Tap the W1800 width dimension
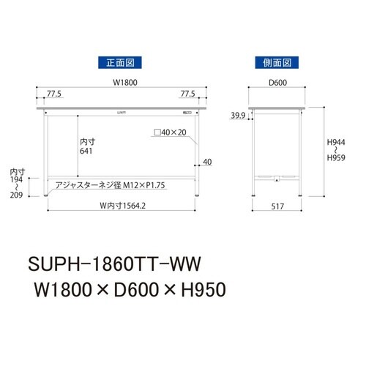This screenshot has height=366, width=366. (122, 84)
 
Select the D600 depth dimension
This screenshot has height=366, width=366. (277, 84)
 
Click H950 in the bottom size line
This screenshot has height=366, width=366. (194, 291)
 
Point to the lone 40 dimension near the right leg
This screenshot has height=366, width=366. (208, 162)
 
